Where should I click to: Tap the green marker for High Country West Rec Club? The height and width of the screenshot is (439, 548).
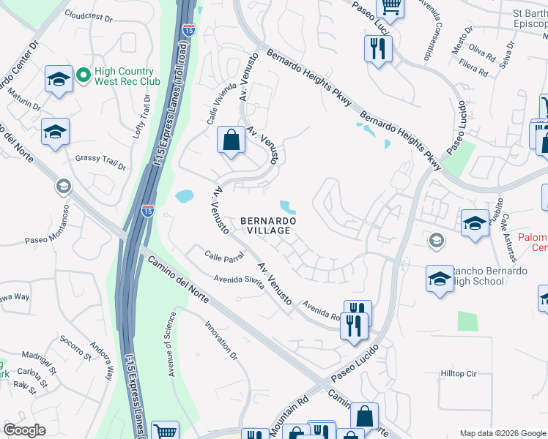point(84,75)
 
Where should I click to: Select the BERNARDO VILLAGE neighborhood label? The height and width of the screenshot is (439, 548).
point(268,225)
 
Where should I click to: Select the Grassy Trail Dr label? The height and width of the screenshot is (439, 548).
point(100,161)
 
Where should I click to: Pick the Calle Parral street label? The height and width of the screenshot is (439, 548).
point(204,258)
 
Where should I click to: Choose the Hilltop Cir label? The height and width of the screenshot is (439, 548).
point(459,373)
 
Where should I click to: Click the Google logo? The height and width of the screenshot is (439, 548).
point(25,430)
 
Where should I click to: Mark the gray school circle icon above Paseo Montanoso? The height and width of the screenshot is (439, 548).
point(63,187)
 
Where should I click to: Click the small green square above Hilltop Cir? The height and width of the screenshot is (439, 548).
point(467,321)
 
